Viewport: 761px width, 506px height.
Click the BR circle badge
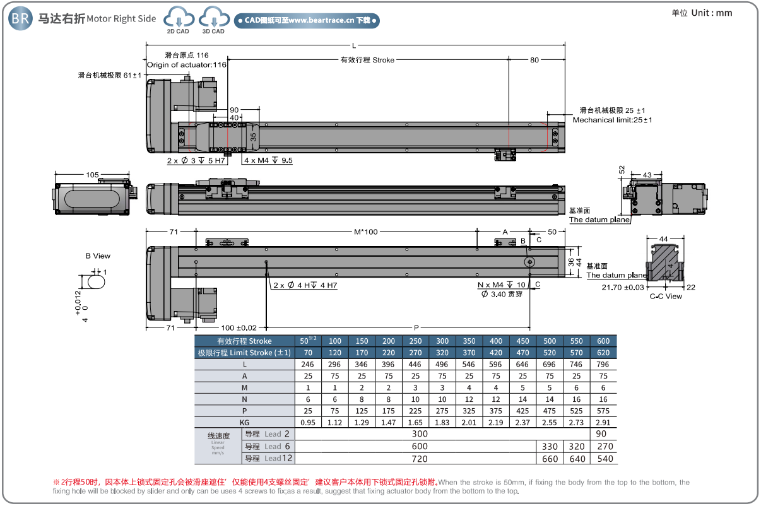[20, 18]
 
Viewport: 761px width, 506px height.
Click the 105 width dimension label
[91, 175]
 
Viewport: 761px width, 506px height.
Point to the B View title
[98, 256]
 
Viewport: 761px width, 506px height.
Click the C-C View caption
[666, 296]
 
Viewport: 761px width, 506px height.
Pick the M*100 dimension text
[366, 232]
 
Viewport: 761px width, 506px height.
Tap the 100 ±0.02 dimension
[239, 327]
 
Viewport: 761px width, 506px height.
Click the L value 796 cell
[603, 365]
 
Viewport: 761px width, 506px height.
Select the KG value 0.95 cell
[308, 422]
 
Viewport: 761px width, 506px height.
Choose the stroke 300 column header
[442, 341]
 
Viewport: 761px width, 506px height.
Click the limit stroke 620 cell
[603, 353]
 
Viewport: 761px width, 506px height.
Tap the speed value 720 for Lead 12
[420, 459]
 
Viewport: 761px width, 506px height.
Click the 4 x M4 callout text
[268, 160]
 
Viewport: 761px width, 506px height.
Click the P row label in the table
[245, 410]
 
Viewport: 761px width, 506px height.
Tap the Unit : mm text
[711, 13]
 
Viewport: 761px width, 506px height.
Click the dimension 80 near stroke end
[534, 60]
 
